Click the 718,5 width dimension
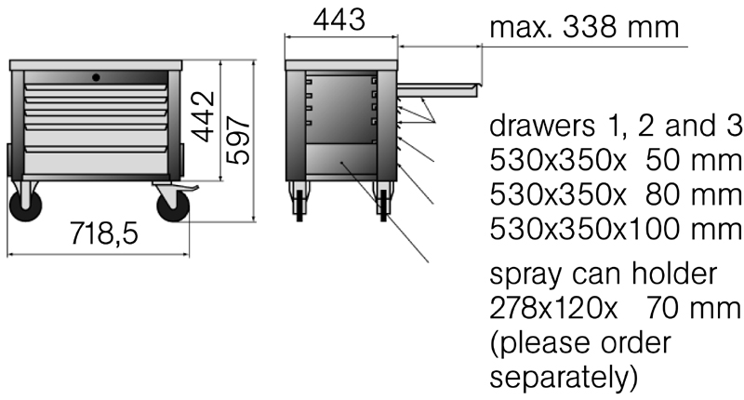click(x=104, y=233)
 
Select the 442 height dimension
click(x=205, y=116)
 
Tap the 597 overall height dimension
click(x=238, y=140)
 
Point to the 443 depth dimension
click(x=339, y=20)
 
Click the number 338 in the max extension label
click(x=590, y=28)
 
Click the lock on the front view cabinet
click(x=96, y=77)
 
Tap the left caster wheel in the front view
click(x=26, y=206)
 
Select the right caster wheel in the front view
click(x=173, y=206)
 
